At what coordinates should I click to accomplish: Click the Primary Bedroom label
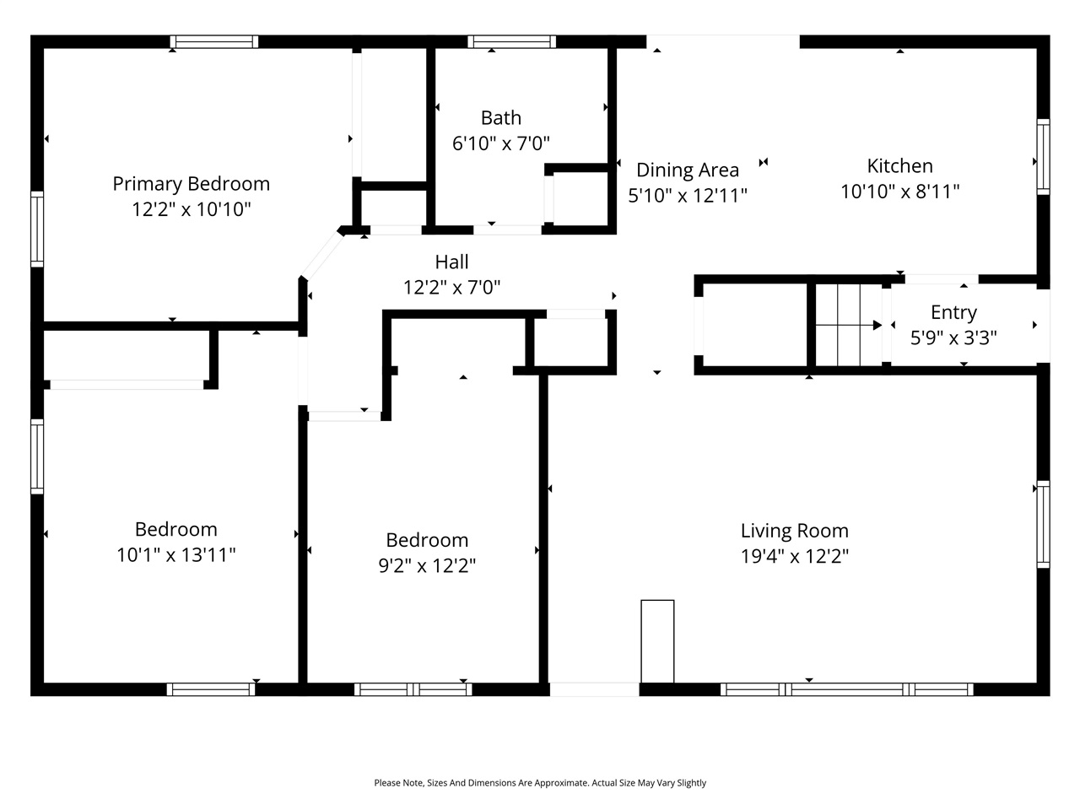coord(192,184)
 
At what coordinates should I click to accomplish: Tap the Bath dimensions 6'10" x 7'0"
coord(500,143)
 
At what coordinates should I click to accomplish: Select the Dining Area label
coord(687,170)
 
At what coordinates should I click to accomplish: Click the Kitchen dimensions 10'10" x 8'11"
coord(899,192)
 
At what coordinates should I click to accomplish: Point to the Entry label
coord(953,312)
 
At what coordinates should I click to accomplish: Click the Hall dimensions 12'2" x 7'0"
coord(451,288)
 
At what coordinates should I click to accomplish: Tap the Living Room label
coord(794,531)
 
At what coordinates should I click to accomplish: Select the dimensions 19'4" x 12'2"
coord(794,556)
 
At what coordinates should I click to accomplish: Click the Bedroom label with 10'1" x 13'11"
coord(175,529)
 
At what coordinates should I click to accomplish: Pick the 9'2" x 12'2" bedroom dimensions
coord(426,565)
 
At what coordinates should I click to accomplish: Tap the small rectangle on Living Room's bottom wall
coord(657,640)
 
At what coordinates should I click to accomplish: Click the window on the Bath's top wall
coord(511,41)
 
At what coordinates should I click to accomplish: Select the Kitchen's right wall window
coord(1043,157)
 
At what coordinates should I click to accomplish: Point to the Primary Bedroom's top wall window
coord(213,41)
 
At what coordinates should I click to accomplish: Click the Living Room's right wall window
coord(1043,524)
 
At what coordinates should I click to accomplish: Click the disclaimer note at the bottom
coord(540,783)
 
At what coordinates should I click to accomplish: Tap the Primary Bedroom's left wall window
coord(37,229)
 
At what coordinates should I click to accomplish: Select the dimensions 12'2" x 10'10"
coord(192,209)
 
